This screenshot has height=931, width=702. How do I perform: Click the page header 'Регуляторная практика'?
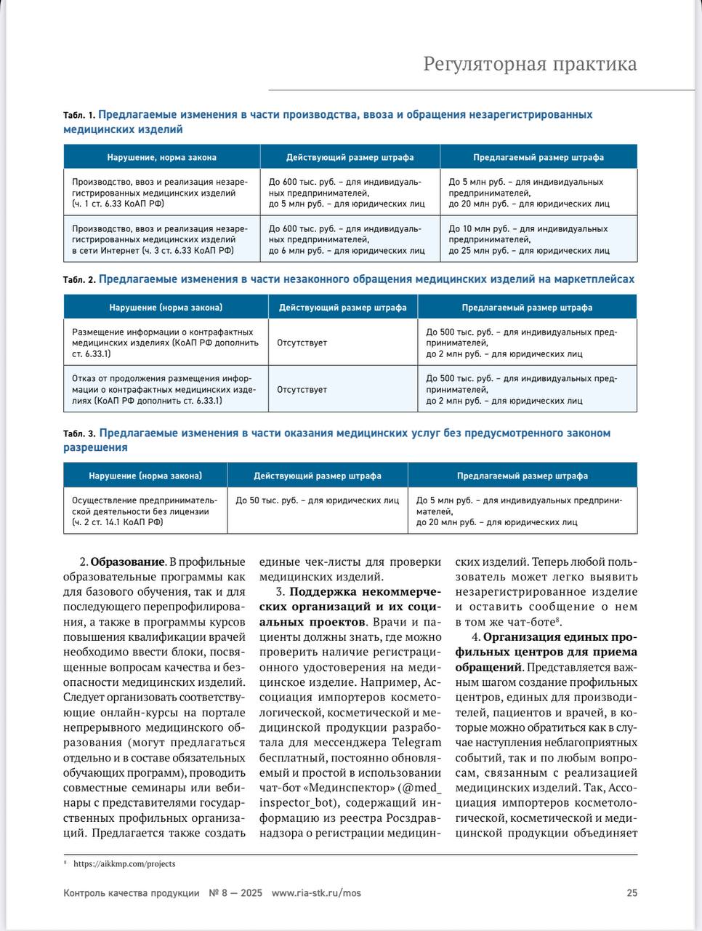(x=530, y=64)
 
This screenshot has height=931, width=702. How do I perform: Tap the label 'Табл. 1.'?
(x=79, y=116)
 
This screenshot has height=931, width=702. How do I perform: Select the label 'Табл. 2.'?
(x=79, y=280)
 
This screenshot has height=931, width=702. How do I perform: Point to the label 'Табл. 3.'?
(x=79, y=434)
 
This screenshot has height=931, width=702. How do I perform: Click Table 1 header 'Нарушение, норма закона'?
(x=161, y=157)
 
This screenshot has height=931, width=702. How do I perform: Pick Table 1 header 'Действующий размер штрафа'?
(x=350, y=157)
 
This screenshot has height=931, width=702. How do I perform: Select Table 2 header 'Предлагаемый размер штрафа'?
(x=527, y=308)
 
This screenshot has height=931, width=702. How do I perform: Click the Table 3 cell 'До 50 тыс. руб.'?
(x=317, y=500)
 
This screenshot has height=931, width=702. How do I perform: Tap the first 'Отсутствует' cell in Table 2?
(x=302, y=343)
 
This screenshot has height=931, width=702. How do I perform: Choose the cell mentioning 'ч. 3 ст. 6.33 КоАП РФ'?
(x=161, y=239)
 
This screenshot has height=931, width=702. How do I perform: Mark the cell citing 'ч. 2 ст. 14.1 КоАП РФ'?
(x=145, y=511)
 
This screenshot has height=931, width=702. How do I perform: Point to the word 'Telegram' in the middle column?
(x=417, y=743)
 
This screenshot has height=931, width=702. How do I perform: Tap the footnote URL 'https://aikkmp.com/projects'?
(x=124, y=864)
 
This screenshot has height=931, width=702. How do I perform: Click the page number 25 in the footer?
(x=632, y=893)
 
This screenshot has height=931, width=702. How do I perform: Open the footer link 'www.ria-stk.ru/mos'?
(x=315, y=893)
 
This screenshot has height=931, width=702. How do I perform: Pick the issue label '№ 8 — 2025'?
(x=235, y=893)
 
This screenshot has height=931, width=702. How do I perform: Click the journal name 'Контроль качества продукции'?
(x=131, y=893)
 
